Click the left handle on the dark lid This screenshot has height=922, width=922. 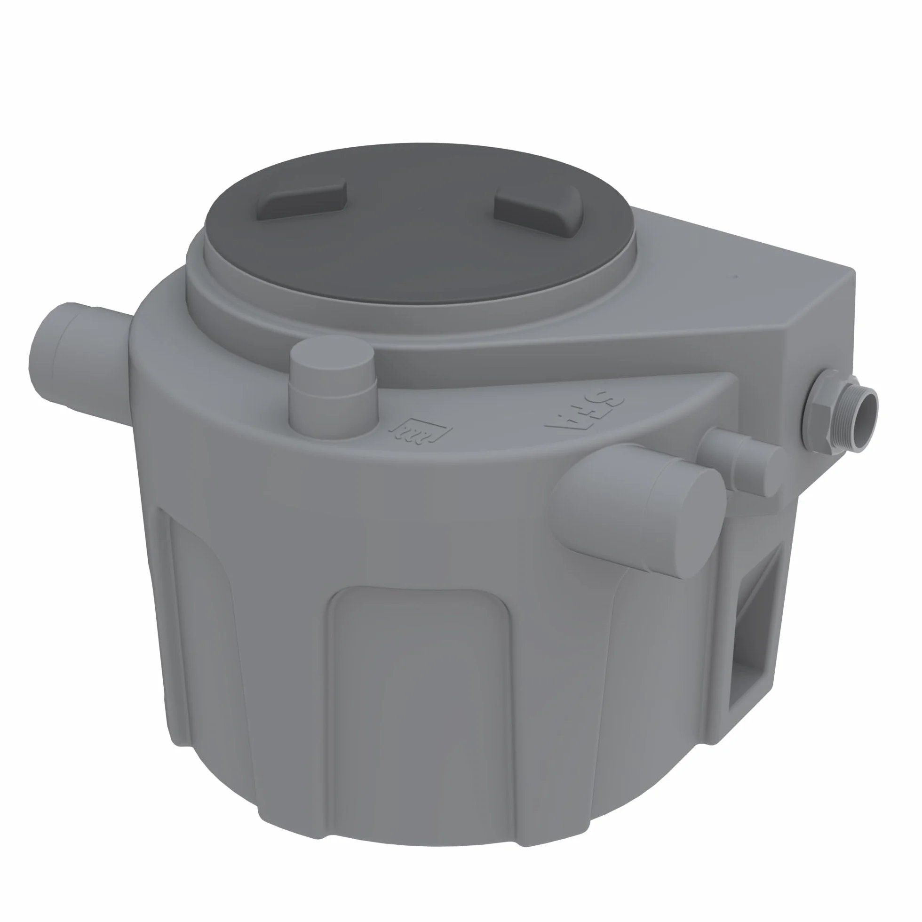(x=302, y=200)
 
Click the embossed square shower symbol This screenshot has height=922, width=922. (x=421, y=430)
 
